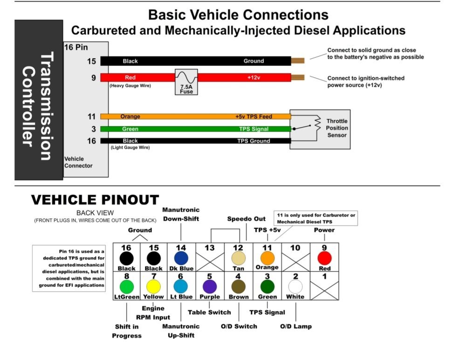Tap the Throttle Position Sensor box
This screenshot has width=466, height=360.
tap(320, 129)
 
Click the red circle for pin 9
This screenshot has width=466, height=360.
tap(324, 258)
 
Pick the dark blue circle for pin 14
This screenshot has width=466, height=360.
tap(181, 258)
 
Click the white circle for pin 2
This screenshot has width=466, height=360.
tap(295, 286)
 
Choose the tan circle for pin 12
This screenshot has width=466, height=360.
tap(238, 258)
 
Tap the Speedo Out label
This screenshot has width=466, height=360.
tap(247, 219)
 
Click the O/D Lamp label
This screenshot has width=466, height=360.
tap(296, 326)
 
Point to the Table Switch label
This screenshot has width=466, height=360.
tap(209, 312)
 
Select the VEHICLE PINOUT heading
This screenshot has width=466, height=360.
tap(95, 200)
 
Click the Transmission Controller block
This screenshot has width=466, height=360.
tap(39, 100)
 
